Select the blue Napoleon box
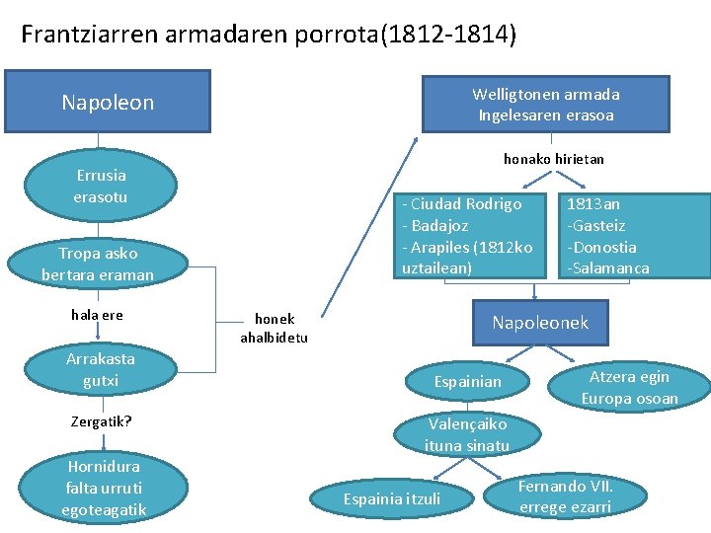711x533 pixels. [108, 102]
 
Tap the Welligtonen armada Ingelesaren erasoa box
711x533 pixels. [545, 105]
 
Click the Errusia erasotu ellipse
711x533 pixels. [101, 186]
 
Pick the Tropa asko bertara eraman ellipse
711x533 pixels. [98, 264]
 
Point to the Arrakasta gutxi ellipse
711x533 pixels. [101, 369]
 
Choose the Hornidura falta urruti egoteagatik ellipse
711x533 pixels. [104, 488]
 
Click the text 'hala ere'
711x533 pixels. [97, 315]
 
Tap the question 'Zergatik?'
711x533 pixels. [101, 421]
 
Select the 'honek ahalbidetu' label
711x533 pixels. [274, 328]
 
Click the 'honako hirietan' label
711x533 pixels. [553, 158]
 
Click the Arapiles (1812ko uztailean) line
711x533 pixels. [467, 257]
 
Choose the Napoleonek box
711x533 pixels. [539, 323]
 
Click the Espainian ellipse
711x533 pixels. [468, 381]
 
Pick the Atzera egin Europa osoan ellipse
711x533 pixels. [629, 387]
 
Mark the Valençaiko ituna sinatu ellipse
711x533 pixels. [467, 434]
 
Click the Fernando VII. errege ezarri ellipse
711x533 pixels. [566, 496]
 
